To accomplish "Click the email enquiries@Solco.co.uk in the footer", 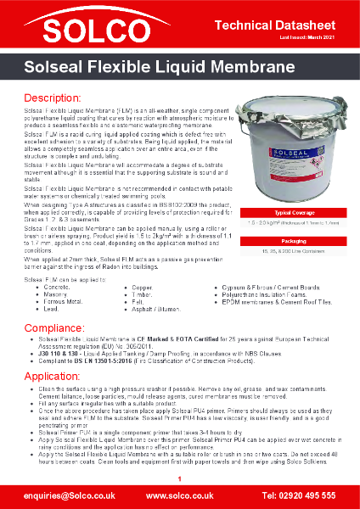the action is click(59, 494).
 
